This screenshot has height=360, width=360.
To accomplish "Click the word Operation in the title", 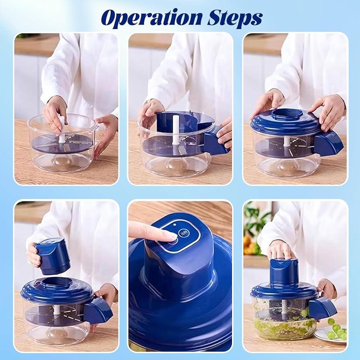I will pyautogui.click(x=152, y=18).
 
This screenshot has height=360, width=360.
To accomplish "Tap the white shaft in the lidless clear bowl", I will pyautogui.click(x=62, y=130).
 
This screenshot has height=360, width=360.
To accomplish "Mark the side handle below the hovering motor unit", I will pyautogui.click(x=98, y=310).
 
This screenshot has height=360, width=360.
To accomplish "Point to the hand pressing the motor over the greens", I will pyautogui.click(x=281, y=249).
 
